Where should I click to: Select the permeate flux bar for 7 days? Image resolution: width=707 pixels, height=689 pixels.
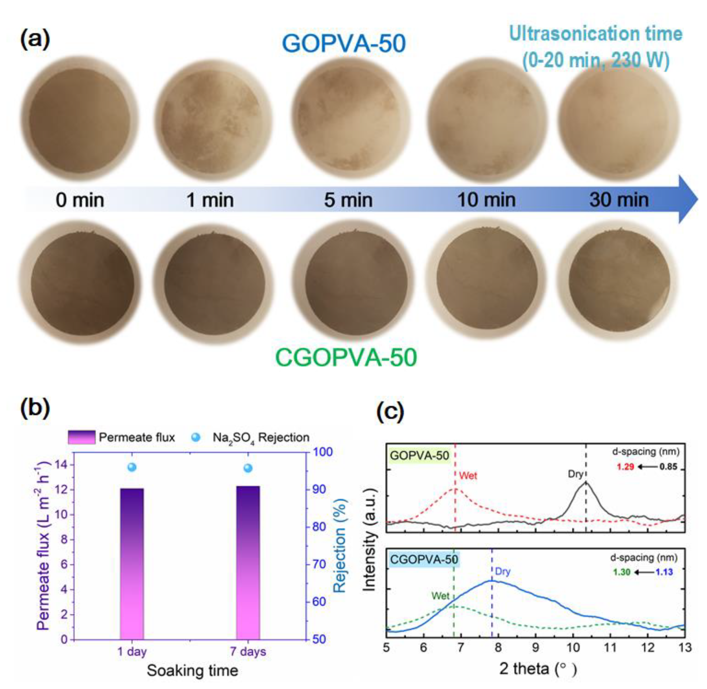point(248,563)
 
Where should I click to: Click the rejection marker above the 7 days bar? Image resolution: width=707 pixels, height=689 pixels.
point(248,468)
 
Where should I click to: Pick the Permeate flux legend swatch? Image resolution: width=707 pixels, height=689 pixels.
point(82,437)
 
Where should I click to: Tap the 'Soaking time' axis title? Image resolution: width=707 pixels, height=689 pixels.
point(192,671)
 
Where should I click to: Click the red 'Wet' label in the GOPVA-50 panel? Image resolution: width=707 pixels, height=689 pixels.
point(468,475)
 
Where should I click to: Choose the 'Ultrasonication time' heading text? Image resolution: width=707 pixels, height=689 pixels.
point(596,34)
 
